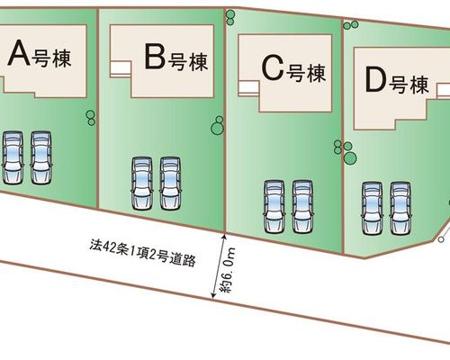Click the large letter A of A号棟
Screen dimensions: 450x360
pos(20,53)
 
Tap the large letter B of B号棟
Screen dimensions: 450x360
pos(155,57)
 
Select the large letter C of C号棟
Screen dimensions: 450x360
pos(273,68)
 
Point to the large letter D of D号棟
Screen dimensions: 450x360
pos(375,79)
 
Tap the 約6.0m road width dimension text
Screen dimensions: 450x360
pos(228,270)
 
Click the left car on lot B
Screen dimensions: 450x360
pos(141,184)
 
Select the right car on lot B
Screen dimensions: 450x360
pos(170,184)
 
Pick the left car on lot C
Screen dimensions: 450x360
pos(274,206)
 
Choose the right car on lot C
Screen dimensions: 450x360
pos(303,206)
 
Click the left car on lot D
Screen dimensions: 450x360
pos(372,208)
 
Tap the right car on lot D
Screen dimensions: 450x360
pos(400,208)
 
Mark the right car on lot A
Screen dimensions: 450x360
pos(41,157)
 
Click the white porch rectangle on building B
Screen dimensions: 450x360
pos(121,68)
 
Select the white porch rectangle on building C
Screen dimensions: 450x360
pos(248,88)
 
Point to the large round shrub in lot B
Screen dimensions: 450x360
pos(217,129)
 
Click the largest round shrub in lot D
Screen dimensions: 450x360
pos(350,157)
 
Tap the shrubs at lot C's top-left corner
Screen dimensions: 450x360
pos(230,18)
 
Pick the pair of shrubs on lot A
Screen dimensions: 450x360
pos(91,118)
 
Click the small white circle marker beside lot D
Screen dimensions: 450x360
pos(441,239)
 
